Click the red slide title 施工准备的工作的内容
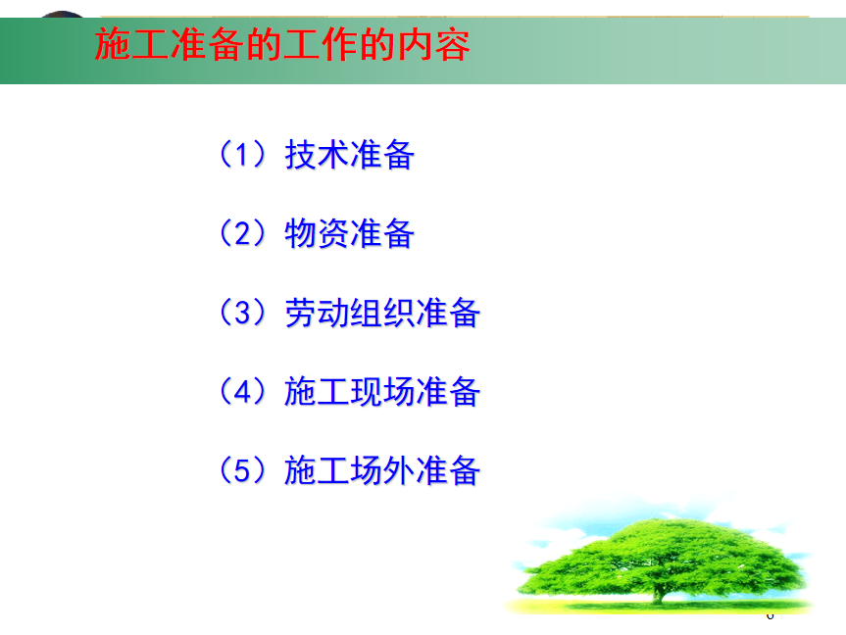282,45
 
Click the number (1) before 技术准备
242,154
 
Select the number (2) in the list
242,233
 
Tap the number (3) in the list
242,313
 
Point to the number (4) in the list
242,391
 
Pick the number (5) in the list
242,470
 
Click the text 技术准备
350,155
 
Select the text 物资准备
350,233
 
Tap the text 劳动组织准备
382,313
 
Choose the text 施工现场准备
382,392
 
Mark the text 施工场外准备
382,470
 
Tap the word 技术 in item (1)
317,155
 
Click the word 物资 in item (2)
317,233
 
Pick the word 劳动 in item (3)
317,313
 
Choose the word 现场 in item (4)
382,392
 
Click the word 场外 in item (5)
382,470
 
